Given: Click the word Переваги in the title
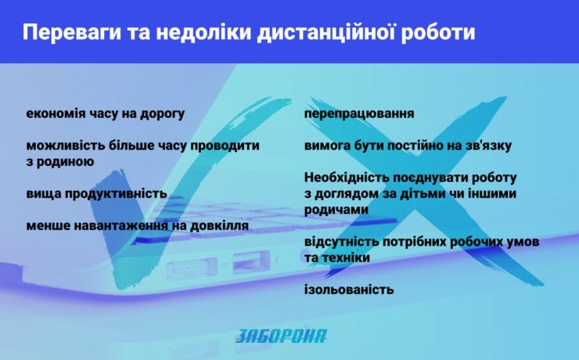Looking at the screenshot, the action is coord(72,32).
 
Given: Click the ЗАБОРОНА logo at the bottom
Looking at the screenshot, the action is coord(281,336).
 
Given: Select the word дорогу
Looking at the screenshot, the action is coord(162,114).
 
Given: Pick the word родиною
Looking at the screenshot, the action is coord(65,162).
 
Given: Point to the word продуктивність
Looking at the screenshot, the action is coord(116,194).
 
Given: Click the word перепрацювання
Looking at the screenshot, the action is coord(359,113).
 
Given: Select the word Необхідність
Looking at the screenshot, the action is coord(346,178).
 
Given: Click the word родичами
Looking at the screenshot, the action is coord(336,210).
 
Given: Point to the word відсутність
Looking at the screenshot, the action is coord(341,242).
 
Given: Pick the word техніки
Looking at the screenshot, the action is coord(343,257).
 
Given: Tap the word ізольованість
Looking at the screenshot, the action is coord(349,290).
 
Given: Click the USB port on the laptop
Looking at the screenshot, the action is coord(251,261).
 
